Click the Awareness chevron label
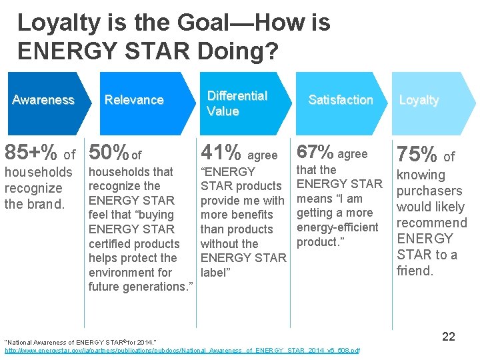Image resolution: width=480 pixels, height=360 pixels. pyautogui.click(x=43, y=100)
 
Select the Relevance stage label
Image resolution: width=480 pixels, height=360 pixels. pyautogui.click(x=134, y=100)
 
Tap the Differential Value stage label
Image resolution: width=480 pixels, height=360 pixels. pyautogui.click(x=237, y=103)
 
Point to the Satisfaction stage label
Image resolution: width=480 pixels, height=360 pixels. pyautogui.click(x=340, y=100)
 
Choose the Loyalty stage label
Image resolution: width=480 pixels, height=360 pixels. pyautogui.click(x=419, y=100)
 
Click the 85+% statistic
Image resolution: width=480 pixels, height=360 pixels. pyautogui.click(x=31, y=153)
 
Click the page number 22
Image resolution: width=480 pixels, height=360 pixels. pyautogui.click(x=449, y=337)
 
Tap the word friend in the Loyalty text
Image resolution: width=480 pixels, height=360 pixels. pyautogui.click(x=415, y=271)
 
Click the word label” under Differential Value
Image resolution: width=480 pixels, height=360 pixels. pyautogui.click(x=216, y=272)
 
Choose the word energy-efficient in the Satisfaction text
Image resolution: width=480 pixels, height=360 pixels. pyautogui.click(x=337, y=227)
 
